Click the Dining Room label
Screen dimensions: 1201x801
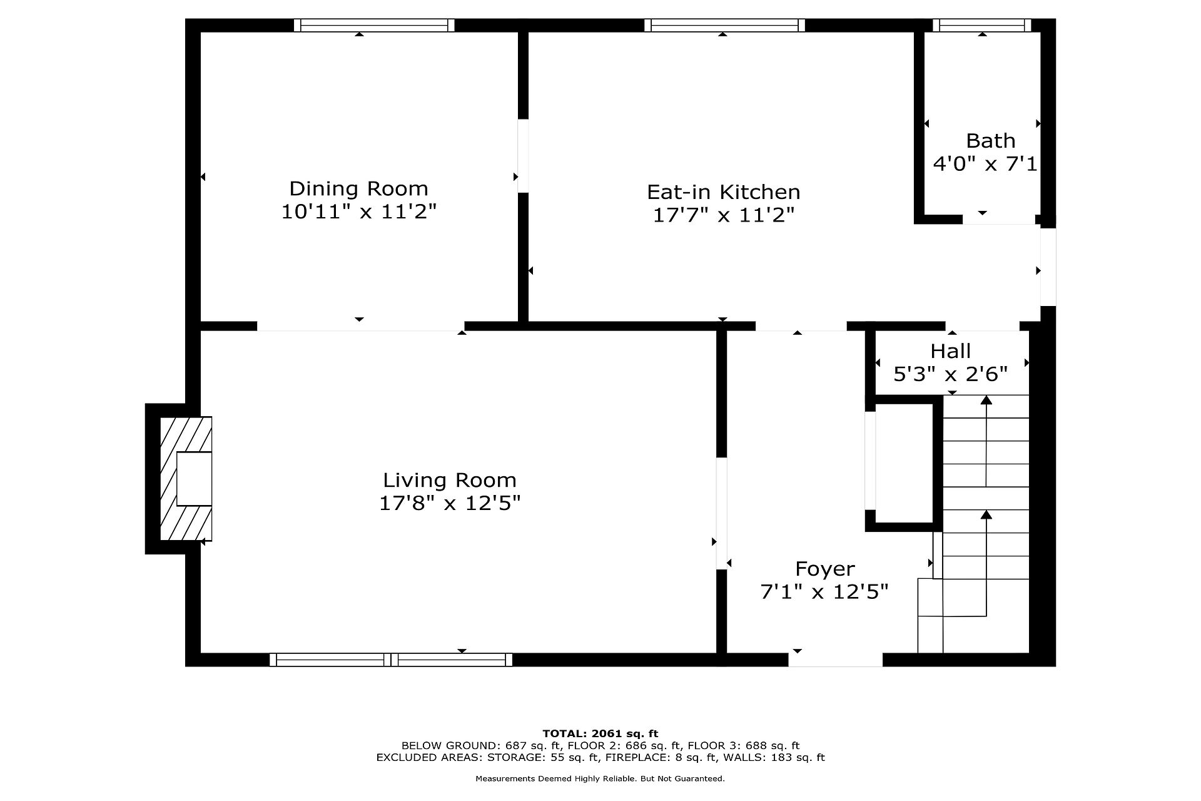tap(358, 188)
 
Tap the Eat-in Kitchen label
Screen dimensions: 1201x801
tap(723, 191)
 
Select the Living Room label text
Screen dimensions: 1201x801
tap(450, 480)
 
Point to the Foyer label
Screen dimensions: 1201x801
tap(824, 569)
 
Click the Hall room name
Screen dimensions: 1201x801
tap(950, 351)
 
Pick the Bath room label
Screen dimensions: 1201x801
tap(990, 140)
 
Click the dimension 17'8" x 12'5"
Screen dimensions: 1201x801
tap(450, 503)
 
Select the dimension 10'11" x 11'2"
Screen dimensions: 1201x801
tap(358, 212)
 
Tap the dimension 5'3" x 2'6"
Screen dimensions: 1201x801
tap(950, 374)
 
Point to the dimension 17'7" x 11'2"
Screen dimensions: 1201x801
tap(723, 215)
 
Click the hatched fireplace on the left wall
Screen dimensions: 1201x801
tap(186, 479)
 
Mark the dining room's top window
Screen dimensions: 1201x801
tap(374, 25)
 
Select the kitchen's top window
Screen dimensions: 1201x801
tap(724, 25)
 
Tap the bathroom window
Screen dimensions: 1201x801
tap(982, 25)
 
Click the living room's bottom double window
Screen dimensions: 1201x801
tap(391, 660)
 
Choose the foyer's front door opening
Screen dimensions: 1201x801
tap(836, 660)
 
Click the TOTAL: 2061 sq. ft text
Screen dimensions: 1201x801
tap(600, 733)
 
